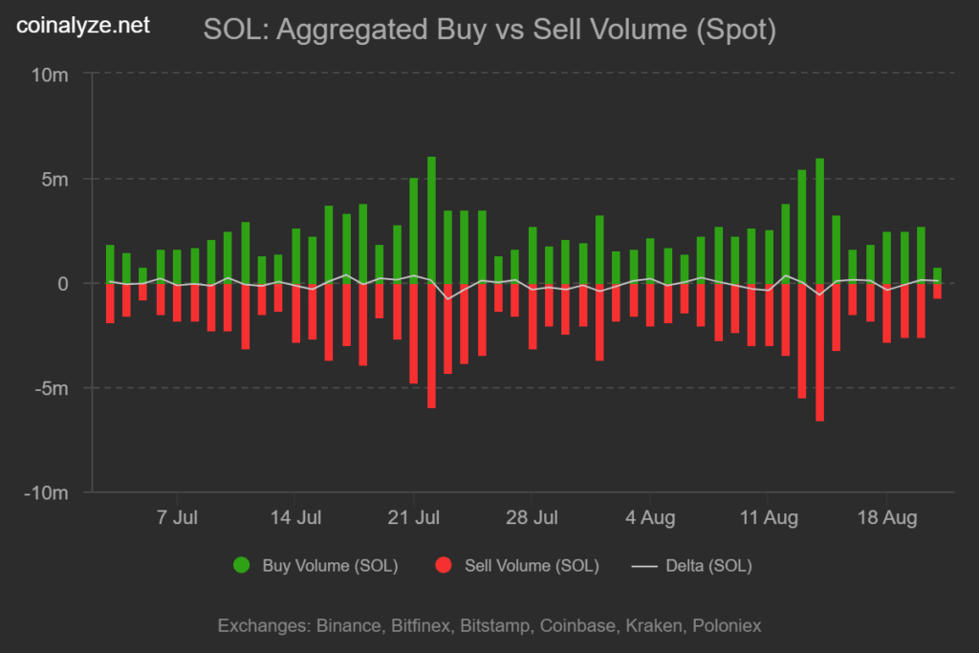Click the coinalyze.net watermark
tap(83, 26)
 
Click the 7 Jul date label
tap(177, 518)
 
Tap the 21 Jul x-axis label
tap(413, 518)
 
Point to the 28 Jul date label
tap(532, 518)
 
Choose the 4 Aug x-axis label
tap(650, 518)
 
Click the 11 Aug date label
tap(768, 518)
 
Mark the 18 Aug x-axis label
tap(886, 518)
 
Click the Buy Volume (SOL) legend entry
tap(315, 566)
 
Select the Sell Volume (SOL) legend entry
tap(517, 566)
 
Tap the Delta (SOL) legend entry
tap(692, 566)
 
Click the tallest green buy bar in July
tap(431, 220)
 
